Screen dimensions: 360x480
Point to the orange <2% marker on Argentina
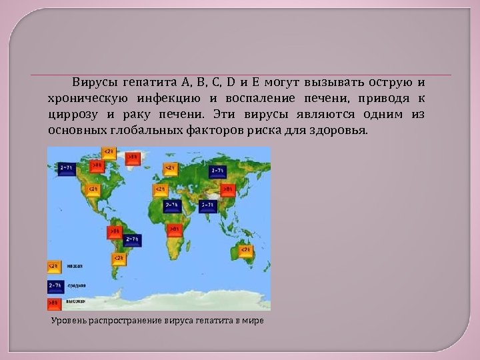tap(117, 259)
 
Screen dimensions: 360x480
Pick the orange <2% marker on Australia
tap(245, 250)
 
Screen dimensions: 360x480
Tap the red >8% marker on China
tap(229, 189)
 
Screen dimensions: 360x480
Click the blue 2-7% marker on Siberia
tap(217, 171)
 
